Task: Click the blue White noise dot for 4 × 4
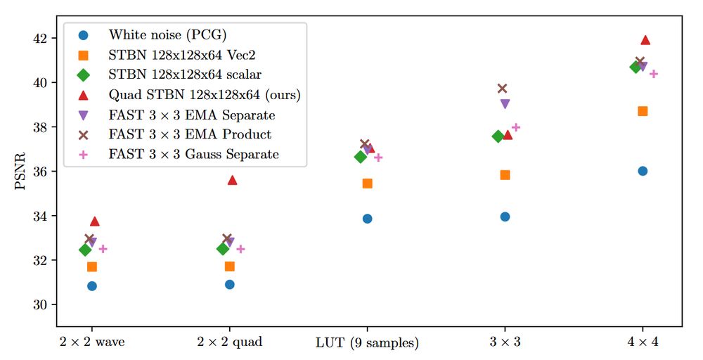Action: [643, 171]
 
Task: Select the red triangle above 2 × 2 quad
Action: [232, 180]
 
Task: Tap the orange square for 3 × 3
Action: [505, 174]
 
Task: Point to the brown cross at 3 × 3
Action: [502, 88]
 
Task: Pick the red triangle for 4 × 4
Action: [645, 40]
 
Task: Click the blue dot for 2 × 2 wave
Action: [91, 285]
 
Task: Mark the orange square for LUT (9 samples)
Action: [367, 184]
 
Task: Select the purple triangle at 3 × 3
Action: [505, 103]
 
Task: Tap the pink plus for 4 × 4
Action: [653, 73]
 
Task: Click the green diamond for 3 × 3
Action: [498, 136]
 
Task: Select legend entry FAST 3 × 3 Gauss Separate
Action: [193, 154]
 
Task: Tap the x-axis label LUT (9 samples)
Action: [367, 343]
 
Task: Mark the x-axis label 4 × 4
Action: [643, 342]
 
